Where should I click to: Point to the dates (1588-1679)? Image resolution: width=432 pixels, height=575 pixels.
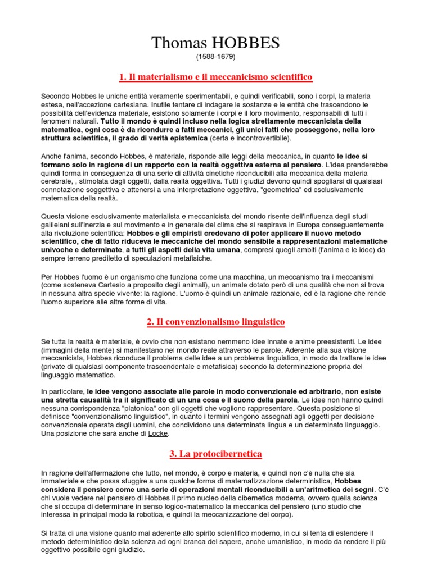point(215,57)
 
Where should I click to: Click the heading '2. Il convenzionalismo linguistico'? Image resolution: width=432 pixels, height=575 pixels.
point(216,322)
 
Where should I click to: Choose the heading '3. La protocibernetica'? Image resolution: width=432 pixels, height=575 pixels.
point(216,453)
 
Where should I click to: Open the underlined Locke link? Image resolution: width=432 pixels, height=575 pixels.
point(158,434)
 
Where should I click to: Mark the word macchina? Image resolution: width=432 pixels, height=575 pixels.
point(223,277)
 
